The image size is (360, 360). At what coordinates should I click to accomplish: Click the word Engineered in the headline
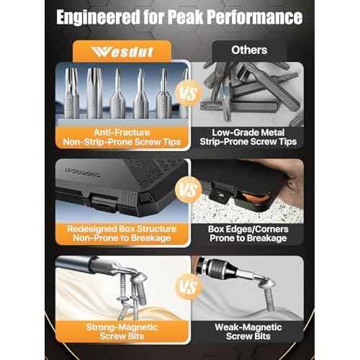(x=98, y=17)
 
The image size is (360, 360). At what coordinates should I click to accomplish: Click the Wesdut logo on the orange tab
(x=122, y=52)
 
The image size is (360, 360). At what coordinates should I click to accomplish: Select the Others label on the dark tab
(x=249, y=50)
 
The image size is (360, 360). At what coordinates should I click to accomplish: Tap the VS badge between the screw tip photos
(x=189, y=93)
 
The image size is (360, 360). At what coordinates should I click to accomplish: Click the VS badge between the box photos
(x=189, y=189)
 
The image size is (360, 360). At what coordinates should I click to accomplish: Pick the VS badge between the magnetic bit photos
(x=189, y=287)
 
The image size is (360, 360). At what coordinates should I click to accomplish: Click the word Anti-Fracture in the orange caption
(x=122, y=132)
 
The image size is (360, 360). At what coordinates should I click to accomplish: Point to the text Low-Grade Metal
(x=248, y=132)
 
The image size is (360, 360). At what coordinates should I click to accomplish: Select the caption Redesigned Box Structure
(x=122, y=229)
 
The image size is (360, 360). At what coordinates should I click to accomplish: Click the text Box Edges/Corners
(x=248, y=229)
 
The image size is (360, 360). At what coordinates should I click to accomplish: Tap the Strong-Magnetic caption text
(x=122, y=327)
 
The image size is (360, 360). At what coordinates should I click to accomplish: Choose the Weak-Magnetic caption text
(x=248, y=327)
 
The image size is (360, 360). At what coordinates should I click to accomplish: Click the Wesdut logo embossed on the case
(x=82, y=172)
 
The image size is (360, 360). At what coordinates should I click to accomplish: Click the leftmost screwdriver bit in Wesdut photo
(x=71, y=93)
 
